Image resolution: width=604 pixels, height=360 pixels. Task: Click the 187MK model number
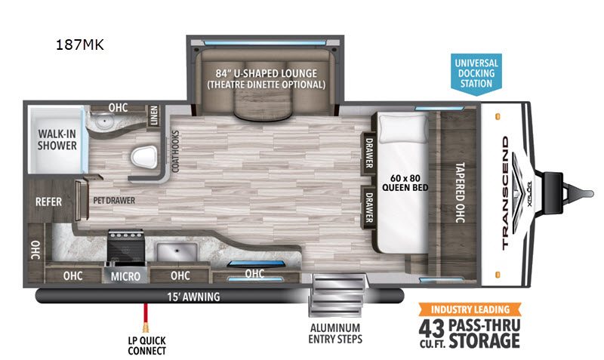80,45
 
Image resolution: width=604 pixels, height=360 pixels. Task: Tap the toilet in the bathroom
144,158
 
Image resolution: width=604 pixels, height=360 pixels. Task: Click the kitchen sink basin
177,252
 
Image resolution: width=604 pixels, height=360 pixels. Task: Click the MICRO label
125,276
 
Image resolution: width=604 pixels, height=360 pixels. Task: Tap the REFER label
48,202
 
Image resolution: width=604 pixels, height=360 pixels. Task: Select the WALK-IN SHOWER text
57,140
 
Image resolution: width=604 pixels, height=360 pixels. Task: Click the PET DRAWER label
114,201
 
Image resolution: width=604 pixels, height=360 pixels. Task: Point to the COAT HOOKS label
175,151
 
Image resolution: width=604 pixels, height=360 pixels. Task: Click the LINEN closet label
154,115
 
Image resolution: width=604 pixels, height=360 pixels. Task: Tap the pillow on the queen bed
404,128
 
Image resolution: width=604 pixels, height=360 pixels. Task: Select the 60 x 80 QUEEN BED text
405,183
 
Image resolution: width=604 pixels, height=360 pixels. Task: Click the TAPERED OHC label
460,192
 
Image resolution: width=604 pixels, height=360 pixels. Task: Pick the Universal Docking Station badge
476,73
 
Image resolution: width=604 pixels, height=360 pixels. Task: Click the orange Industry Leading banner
470,309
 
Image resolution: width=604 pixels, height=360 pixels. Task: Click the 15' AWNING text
193,297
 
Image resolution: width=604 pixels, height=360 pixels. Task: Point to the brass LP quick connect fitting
146,328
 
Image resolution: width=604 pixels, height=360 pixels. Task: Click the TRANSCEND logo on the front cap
505,193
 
